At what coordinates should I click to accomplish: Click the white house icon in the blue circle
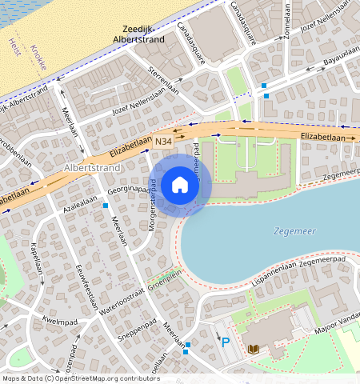(180, 185)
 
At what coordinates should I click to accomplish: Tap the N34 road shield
(163, 142)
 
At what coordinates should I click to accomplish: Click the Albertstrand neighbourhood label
(91, 169)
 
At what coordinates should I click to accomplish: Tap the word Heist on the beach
(14, 46)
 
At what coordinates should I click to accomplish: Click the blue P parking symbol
(225, 342)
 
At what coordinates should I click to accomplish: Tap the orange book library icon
(254, 350)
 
